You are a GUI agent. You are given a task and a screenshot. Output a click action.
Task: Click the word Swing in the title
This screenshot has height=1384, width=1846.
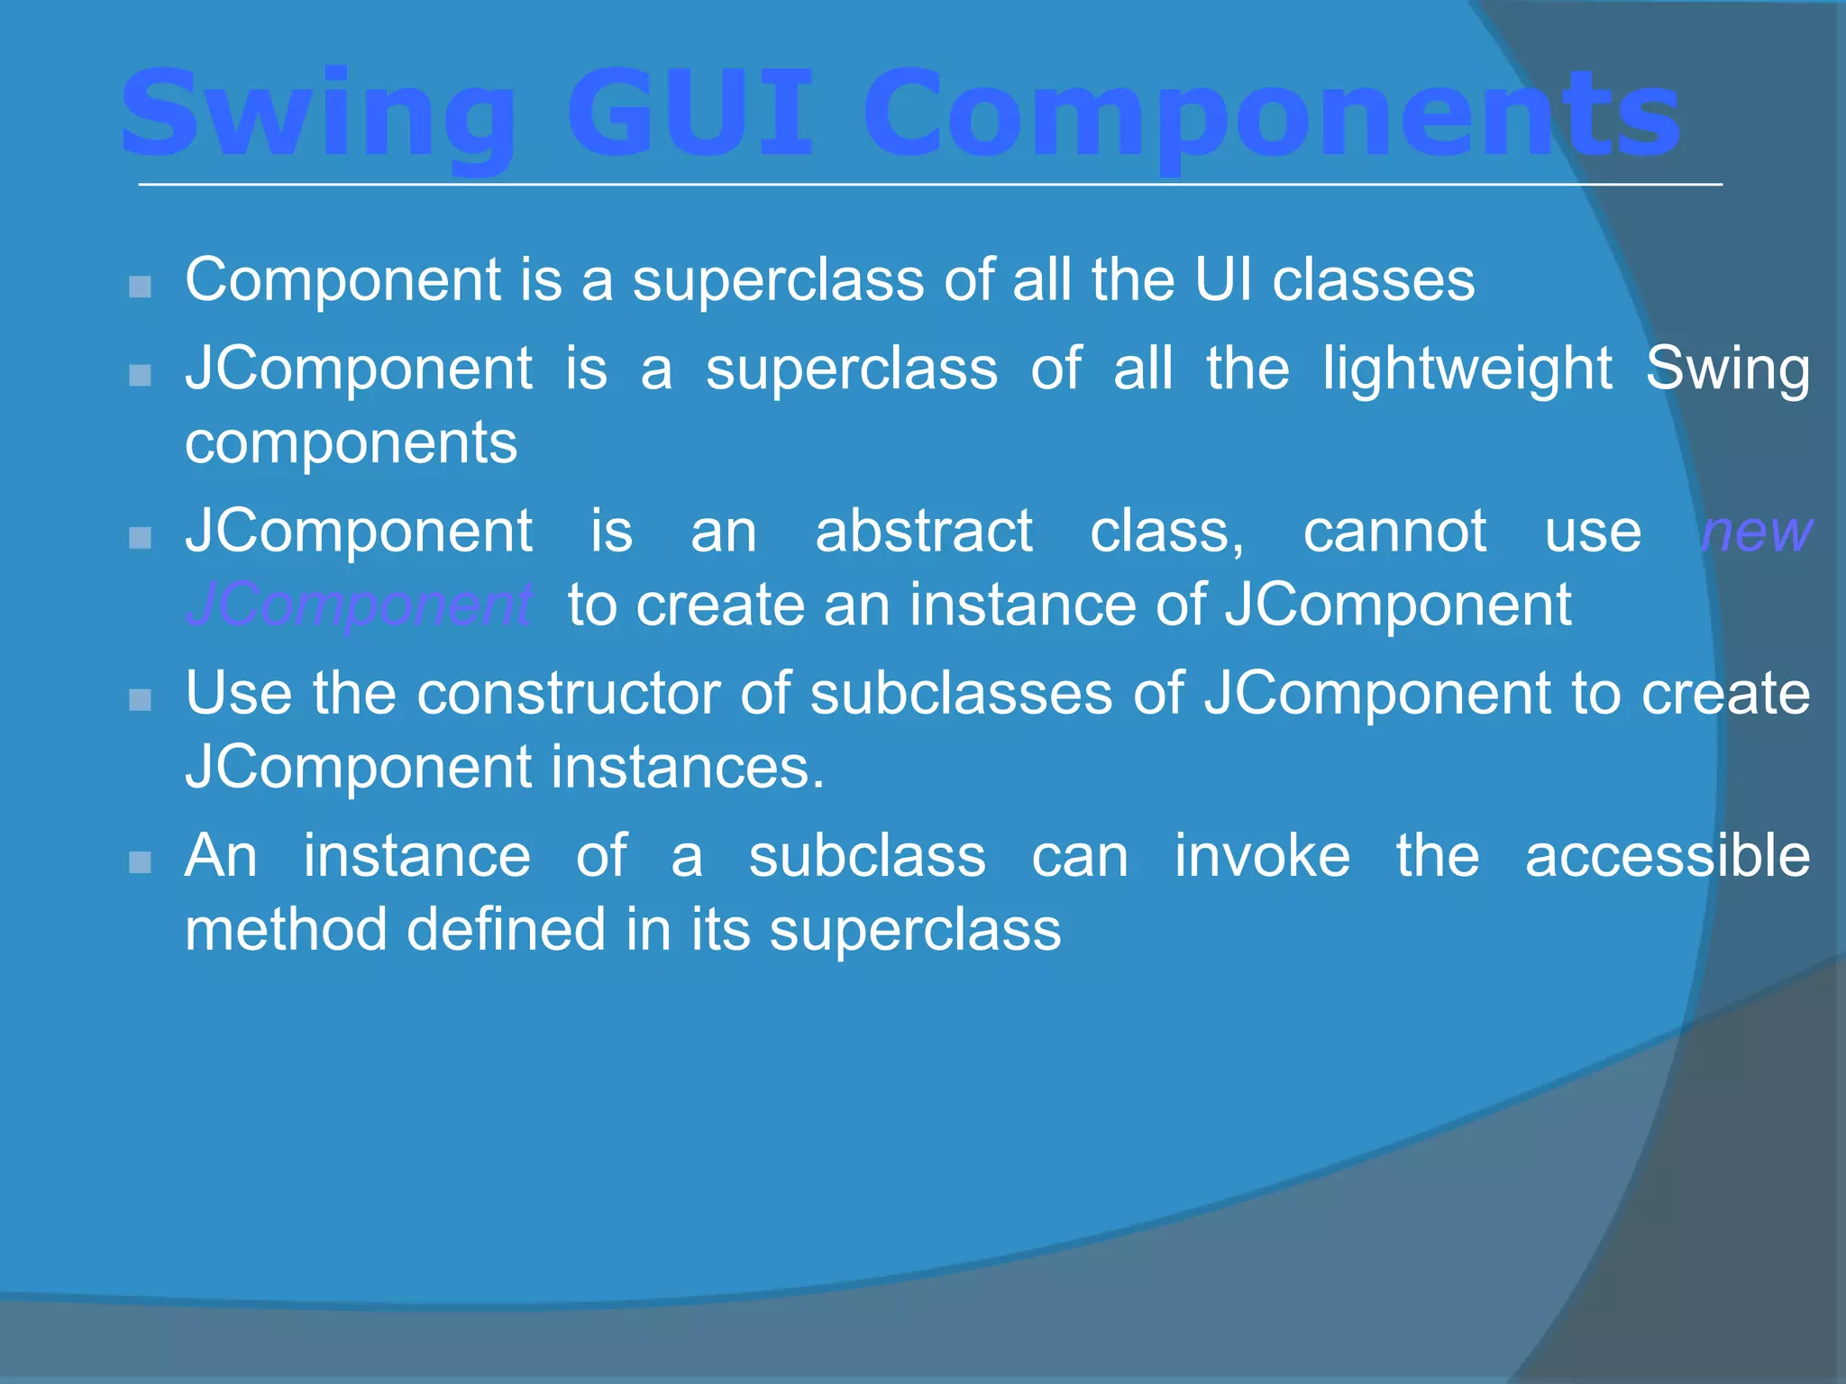(x=317, y=115)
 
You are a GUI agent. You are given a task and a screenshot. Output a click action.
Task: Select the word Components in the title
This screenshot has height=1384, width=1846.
(x=1271, y=115)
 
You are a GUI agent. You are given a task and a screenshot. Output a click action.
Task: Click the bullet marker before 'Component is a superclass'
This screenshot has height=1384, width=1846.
(x=140, y=287)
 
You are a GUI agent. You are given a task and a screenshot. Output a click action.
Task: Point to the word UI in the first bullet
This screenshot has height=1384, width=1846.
(x=1223, y=279)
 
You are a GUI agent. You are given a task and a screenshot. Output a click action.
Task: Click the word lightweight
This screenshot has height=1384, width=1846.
(x=1467, y=369)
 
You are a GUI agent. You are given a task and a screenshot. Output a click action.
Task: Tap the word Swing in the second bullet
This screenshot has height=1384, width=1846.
(x=1727, y=369)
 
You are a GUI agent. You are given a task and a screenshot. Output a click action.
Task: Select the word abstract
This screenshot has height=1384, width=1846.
(x=923, y=531)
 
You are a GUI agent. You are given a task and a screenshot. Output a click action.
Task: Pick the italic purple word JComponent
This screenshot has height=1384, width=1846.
(x=359, y=605)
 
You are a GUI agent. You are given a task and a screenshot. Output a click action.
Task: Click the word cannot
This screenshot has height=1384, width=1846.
(x=1394, y=531)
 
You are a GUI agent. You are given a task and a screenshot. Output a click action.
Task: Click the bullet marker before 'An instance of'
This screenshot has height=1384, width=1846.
(x=140, y=863)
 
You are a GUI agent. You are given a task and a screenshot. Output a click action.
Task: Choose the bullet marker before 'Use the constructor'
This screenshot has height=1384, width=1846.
(x=140, y=700)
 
